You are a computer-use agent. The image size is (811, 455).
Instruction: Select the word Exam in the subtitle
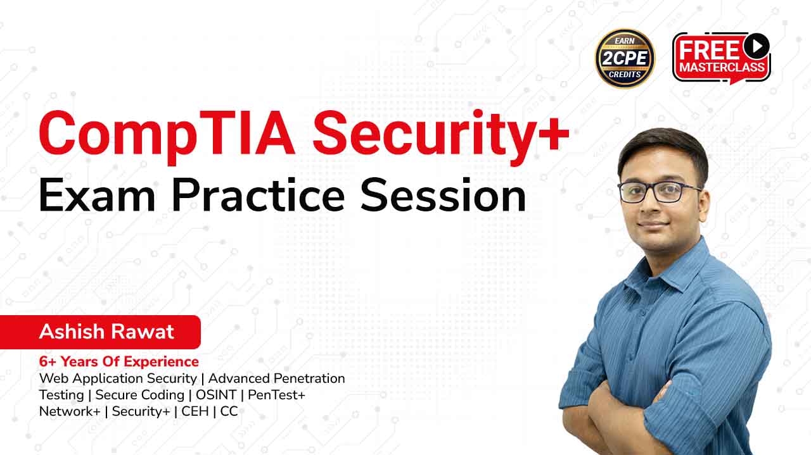pyautogui.click(x=97, y=195)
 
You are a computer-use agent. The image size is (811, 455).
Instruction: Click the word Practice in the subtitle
pyautogui.click(x=258, y=195)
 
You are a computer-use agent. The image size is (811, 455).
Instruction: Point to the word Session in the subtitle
pyautogui.click(x=443, y=195)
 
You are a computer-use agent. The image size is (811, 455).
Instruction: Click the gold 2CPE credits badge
pyautogui.click(x=625, y=59)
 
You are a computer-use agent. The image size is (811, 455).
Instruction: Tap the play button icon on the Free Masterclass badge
pyautogui.click(x=757, y=46)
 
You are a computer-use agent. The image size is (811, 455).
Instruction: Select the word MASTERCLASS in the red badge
pyautogui.click(x=722, y=67)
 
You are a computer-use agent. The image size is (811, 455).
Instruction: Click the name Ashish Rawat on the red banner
pyautogui.click(x=106, y=332)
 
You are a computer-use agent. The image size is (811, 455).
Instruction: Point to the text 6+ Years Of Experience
pyautogui.click(x=118, y=361)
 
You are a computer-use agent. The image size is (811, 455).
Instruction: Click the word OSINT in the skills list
pyautogui.click(x=216, y=395)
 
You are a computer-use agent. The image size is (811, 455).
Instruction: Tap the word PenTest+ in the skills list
pyautogui.click(x=277, y=395)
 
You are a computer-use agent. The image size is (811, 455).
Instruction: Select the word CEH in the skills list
pyautogui.click(x=195, y=411)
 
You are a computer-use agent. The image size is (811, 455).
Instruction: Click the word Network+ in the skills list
pyautogui.click(x=70, y=411)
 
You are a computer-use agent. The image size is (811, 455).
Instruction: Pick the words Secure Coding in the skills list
pyautogui.click(x=140, y=395)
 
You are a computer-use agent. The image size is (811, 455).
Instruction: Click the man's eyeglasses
pyautogui.click(x=660, y=192)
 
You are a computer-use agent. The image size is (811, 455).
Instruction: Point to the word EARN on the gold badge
pyautogui.click(x=625, y=41)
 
